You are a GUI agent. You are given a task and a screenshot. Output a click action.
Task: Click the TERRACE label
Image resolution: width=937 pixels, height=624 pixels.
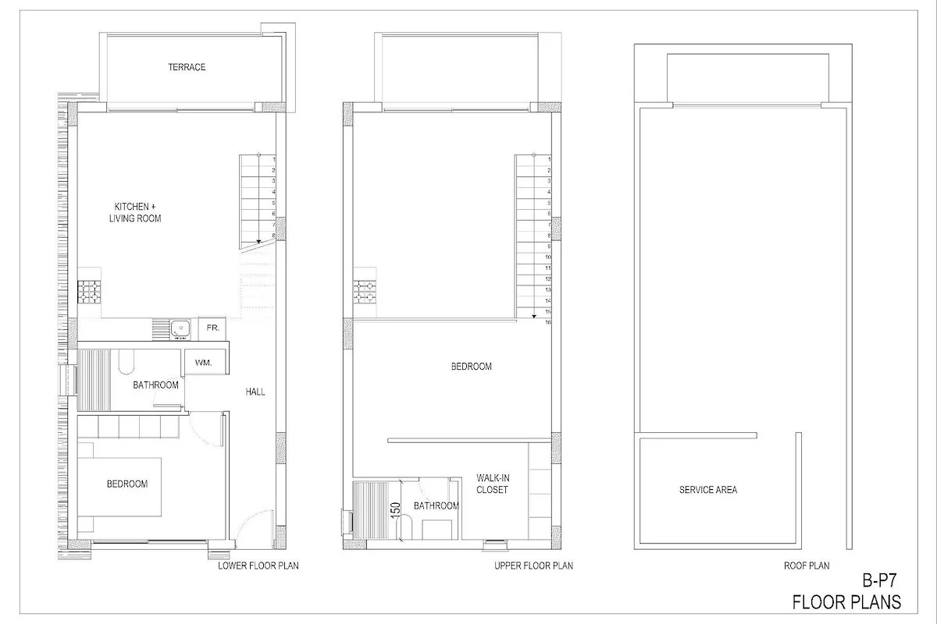click(x=187, y=67)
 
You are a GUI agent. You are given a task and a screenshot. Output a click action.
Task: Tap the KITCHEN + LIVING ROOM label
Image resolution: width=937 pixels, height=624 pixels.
click(x=135, y=212)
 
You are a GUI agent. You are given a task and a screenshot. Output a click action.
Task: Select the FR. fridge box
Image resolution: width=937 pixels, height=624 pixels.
click(x=212, y=328)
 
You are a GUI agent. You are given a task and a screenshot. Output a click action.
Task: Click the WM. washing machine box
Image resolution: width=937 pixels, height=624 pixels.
click(x=204, y=363)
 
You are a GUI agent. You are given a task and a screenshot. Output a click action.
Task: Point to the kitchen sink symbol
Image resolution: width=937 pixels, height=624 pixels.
click(x=180, y=330)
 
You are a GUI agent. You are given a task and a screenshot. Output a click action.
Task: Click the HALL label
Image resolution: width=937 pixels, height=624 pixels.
click(x=255, y=392)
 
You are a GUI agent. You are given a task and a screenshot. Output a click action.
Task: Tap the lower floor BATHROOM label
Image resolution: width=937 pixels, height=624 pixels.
click(x=155, y=385)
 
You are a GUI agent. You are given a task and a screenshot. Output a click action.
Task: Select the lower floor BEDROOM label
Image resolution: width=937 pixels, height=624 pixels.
click(x=127, y=484)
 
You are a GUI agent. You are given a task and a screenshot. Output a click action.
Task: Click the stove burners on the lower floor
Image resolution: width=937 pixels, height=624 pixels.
click(x=89, y=291)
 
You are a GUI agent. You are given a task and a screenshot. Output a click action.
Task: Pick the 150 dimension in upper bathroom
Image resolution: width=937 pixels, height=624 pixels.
click(x=395, y=510)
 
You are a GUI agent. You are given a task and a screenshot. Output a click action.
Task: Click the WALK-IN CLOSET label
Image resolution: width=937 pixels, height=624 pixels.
click(x=493, y=484)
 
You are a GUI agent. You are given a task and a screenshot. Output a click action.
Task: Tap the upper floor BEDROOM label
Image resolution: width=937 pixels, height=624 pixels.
click(x=472, y=367)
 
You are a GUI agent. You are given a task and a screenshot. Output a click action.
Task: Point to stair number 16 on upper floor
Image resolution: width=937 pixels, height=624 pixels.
click(x=548, y=322)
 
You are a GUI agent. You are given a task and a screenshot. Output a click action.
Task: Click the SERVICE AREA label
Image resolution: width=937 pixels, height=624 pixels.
click(x=708, y=490)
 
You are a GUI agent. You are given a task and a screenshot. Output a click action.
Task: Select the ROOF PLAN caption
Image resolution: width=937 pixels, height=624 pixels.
click(x=807, y=566)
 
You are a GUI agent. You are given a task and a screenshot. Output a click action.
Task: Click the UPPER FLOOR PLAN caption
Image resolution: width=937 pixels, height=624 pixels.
click(x=534, y=566)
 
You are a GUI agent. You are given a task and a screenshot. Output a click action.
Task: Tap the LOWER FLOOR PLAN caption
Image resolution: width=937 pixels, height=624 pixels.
click(x=258, y=566)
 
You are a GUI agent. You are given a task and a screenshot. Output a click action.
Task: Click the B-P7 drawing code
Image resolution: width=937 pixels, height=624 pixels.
click(x=879, y=581)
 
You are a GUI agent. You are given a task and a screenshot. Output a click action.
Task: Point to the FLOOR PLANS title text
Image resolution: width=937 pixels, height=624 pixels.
click(x=846, y=602)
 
